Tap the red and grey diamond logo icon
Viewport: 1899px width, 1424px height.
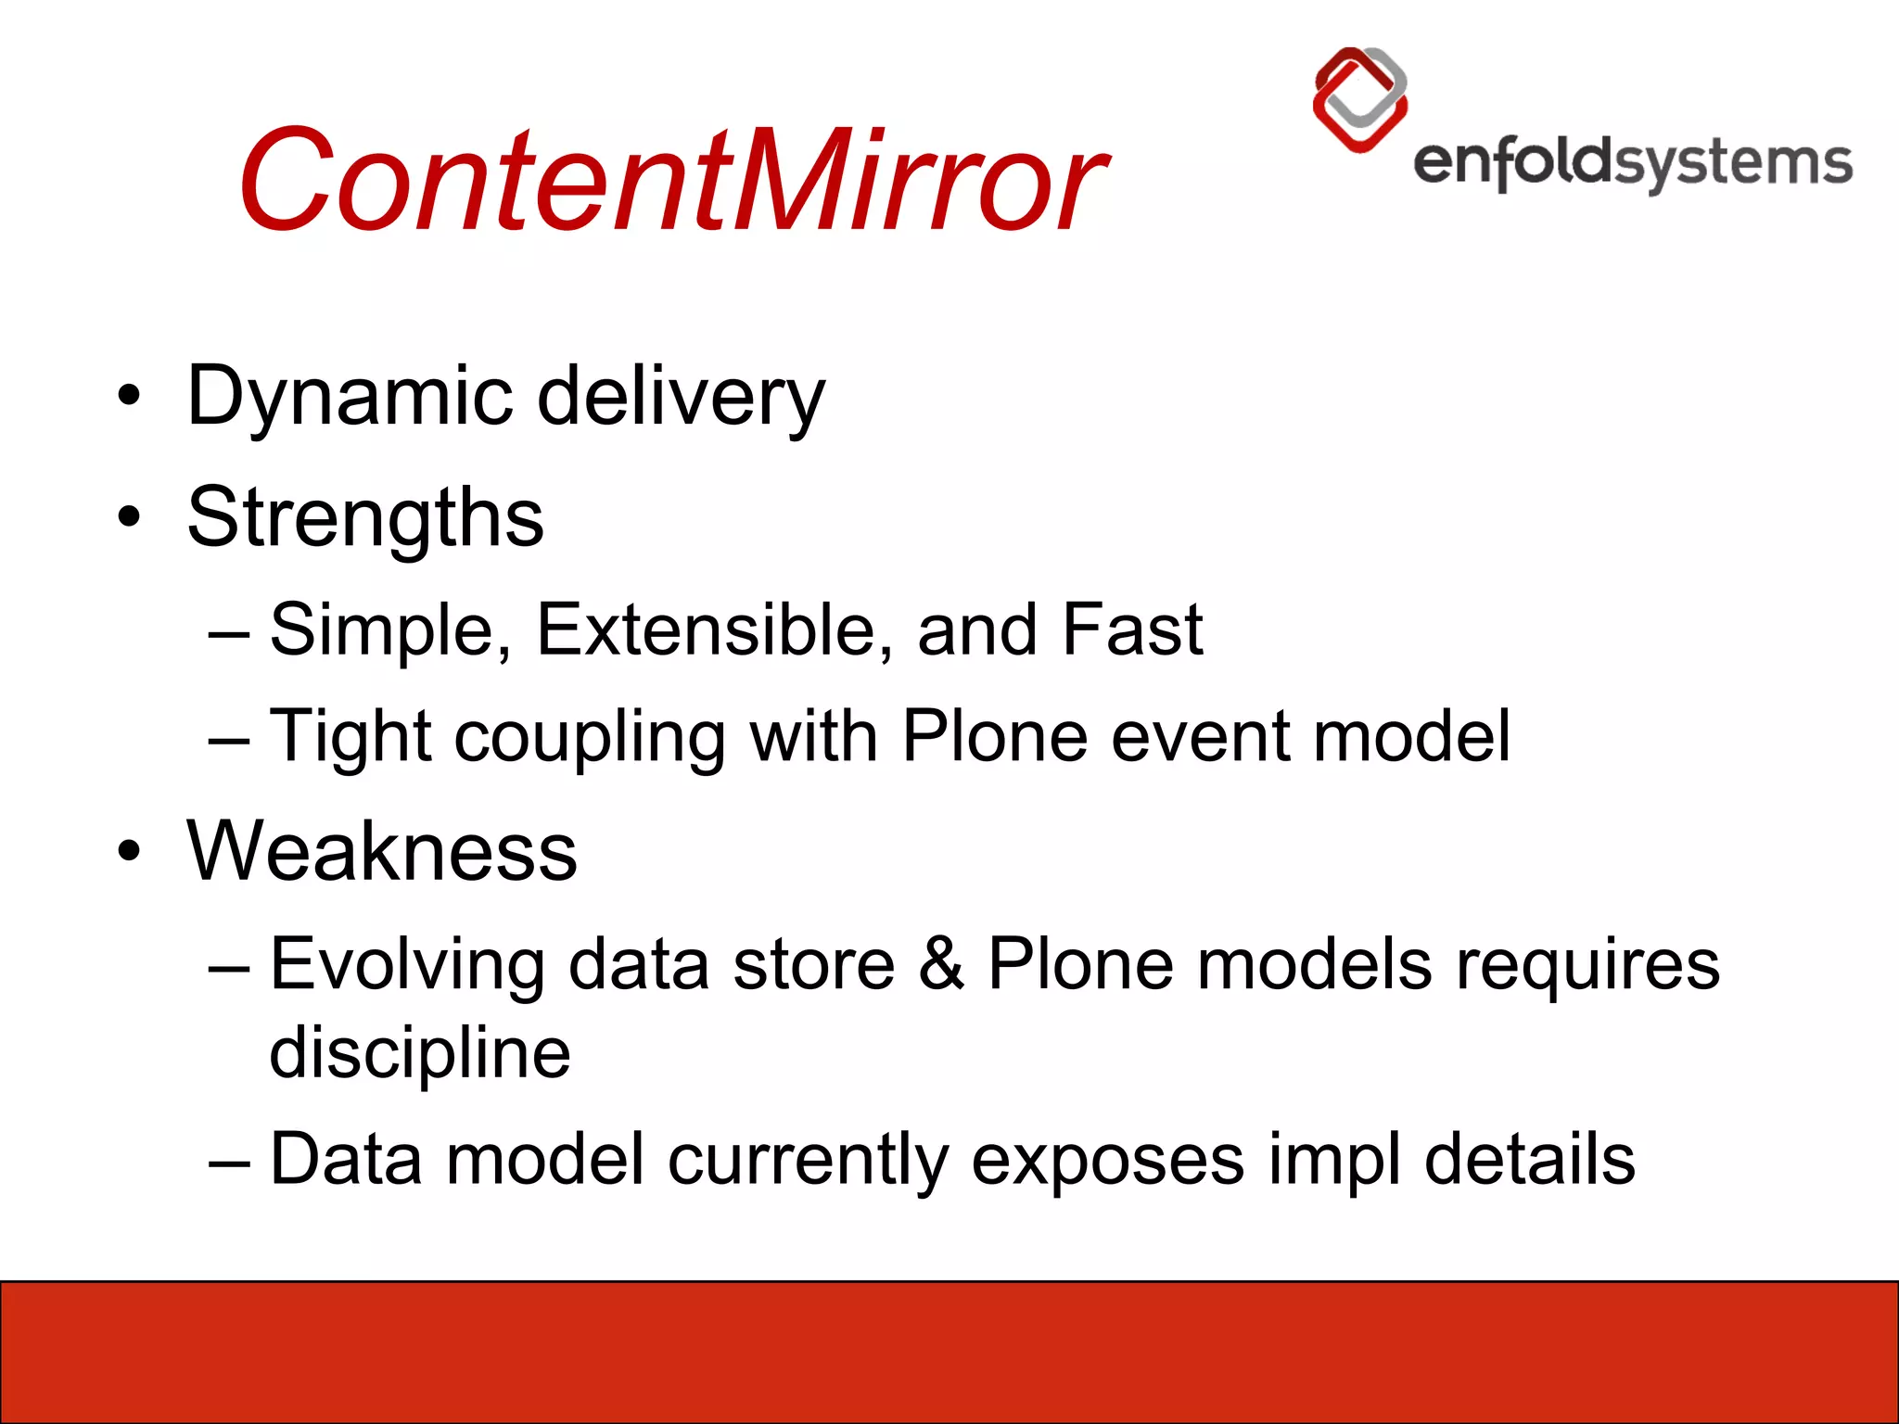pos(1360,99)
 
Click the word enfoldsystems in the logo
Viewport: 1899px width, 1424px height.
pos(1632,165)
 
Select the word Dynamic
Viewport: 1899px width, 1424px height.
pos(350,397)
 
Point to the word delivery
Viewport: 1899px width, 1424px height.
pos(681,397)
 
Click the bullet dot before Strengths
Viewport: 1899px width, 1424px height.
pos(130,516)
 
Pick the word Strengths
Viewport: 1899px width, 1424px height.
pos(365,517)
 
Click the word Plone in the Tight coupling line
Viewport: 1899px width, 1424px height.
pos(995,737)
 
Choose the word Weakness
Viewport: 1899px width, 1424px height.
pos(382,851)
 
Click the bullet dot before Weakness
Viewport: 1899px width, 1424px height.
pos(130,850)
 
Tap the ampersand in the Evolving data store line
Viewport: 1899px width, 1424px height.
pos(941,964)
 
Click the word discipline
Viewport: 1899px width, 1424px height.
pos(419,1054)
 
